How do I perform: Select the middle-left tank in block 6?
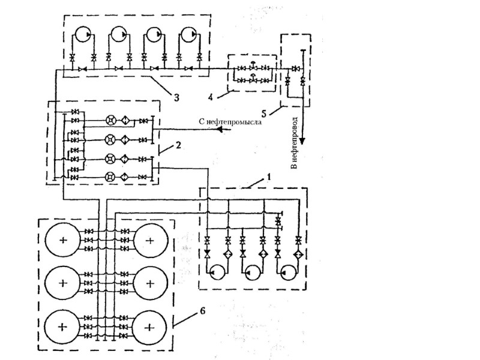(63, 282)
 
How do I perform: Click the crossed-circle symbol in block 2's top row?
(110, 119)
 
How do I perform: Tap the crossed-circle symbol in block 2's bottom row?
(110, 176)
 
